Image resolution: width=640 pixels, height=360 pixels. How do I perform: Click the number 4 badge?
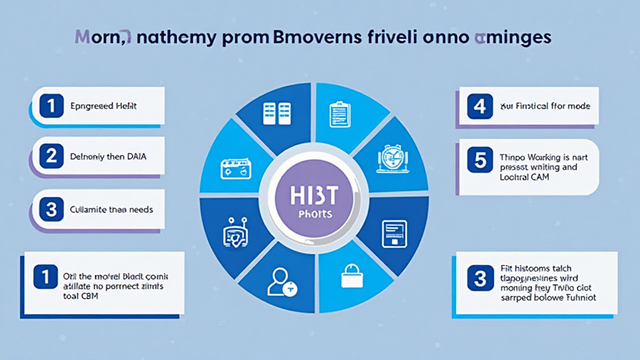[479, 106]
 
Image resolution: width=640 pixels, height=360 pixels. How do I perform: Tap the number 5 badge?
[479, 161]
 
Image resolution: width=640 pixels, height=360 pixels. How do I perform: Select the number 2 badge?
[51, 156]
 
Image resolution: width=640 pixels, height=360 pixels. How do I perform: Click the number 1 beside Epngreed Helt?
[51, 106]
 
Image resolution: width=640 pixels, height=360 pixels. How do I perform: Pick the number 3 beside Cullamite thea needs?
[51, 209]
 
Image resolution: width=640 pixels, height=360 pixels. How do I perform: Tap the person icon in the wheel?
[279, 283]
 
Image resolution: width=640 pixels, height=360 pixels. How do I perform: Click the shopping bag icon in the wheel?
[351, 276]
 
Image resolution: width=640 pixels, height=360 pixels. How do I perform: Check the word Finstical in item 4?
[533, 107]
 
